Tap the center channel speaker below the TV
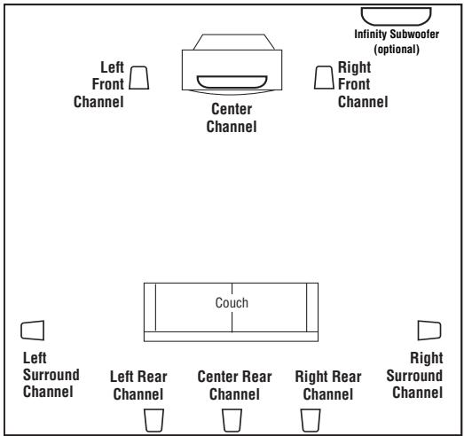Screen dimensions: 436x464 coord(232,82)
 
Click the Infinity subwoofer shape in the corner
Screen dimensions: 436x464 coord(396,16)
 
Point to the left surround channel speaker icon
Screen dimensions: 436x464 coord(32,330)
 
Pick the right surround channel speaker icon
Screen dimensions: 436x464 coord(429,330)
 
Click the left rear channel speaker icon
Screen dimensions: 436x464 coord(154,418)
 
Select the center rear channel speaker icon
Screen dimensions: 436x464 coord(232,418)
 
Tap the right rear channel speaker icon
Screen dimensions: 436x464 coord(310,418)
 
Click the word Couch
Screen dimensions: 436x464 coord(232,302)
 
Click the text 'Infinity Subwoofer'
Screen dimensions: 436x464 coord(396,35)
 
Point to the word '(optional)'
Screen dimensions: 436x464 coord(396,49)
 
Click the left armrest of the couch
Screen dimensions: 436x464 coord(150,308)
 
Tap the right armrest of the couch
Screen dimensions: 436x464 coord(311,308)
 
